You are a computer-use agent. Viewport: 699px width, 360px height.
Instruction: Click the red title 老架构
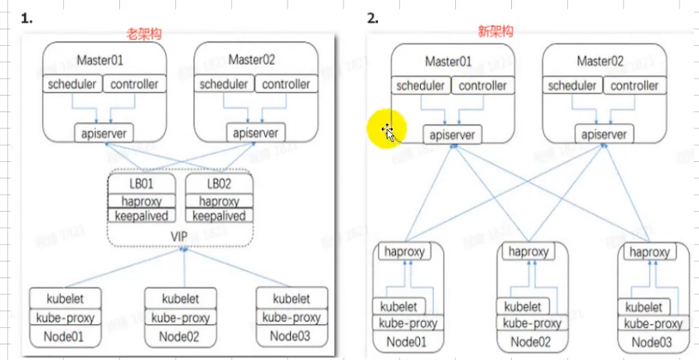tap(147, 34)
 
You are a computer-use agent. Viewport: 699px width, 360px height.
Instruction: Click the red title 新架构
tap(497, 32)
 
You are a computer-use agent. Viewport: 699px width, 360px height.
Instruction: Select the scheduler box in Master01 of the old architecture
tap(72, 84)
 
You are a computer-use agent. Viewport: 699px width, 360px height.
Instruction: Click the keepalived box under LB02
tap(218, 216)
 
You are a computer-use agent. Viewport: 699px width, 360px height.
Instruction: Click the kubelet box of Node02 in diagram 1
tap(182, 298)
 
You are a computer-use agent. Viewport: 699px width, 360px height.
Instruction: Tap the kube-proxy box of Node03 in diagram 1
tap(291, 317)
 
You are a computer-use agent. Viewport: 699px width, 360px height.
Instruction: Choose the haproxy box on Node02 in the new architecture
tap(527, 252)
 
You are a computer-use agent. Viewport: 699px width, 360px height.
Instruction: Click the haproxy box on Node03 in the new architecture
tap(648, 252)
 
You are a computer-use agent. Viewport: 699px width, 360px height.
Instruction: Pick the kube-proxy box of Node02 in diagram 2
tap(532, 323)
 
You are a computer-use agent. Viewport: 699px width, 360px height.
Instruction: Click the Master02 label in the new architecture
tap(600, 61)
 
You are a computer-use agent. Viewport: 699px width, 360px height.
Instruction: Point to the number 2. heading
tap(373, 19)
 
